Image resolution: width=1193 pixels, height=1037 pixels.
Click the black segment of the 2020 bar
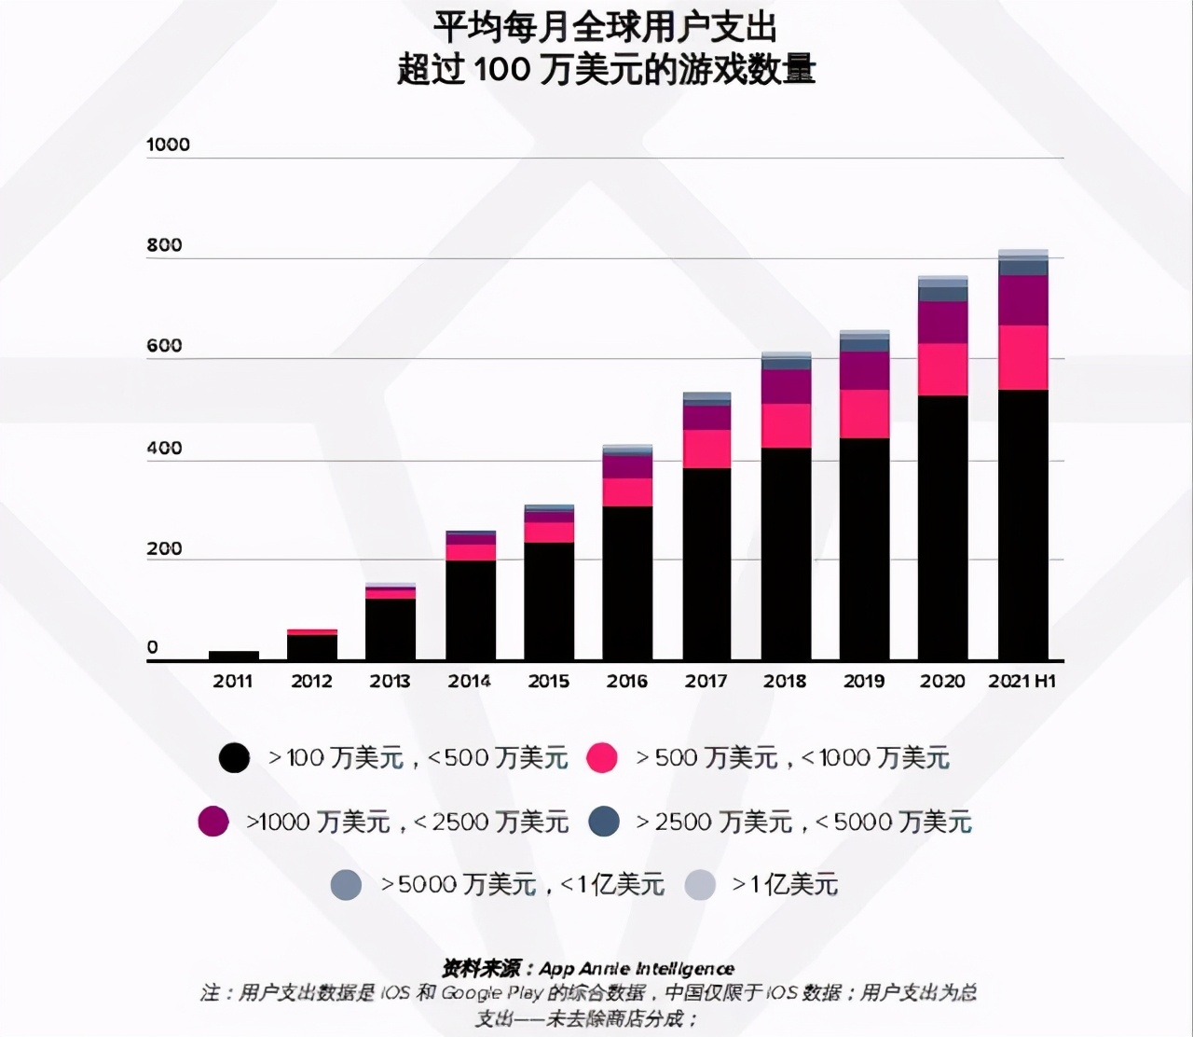click(942, 528)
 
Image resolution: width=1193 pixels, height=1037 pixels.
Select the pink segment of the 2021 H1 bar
click(1022, 357)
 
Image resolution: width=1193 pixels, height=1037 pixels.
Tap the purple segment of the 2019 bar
click(864, 370)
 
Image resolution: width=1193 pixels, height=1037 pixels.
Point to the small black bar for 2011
click(233, 656)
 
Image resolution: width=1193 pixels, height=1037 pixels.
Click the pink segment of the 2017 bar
click(706, 449)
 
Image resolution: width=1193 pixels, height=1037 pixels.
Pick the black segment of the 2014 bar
click(470, 610)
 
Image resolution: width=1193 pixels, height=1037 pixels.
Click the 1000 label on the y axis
click(168, 145)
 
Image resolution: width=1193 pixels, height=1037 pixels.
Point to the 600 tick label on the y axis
click(164, 346)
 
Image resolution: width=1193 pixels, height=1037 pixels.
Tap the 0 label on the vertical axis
click(153, 647)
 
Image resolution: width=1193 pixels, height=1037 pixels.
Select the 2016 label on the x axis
click(627, 681)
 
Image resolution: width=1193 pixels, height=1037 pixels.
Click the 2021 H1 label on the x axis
click(1022, 681)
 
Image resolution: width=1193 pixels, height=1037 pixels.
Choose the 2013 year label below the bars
click(390, 681)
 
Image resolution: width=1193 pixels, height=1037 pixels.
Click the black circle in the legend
click(234, 757)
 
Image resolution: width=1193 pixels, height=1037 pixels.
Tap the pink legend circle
click(602, 757)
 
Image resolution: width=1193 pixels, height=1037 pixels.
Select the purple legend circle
click(213, 821)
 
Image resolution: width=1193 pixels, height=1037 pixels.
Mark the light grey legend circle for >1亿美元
click(700, 884)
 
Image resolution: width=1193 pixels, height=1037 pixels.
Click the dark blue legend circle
click(605, 821)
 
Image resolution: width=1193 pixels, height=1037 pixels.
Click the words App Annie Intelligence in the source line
click(637, 969)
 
